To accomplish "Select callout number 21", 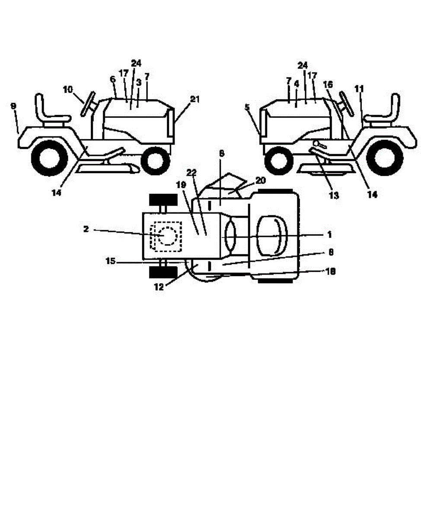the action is (195, 99).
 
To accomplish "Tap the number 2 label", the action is (86, 230).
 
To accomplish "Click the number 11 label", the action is (359, 90).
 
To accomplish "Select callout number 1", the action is (329, 234).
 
